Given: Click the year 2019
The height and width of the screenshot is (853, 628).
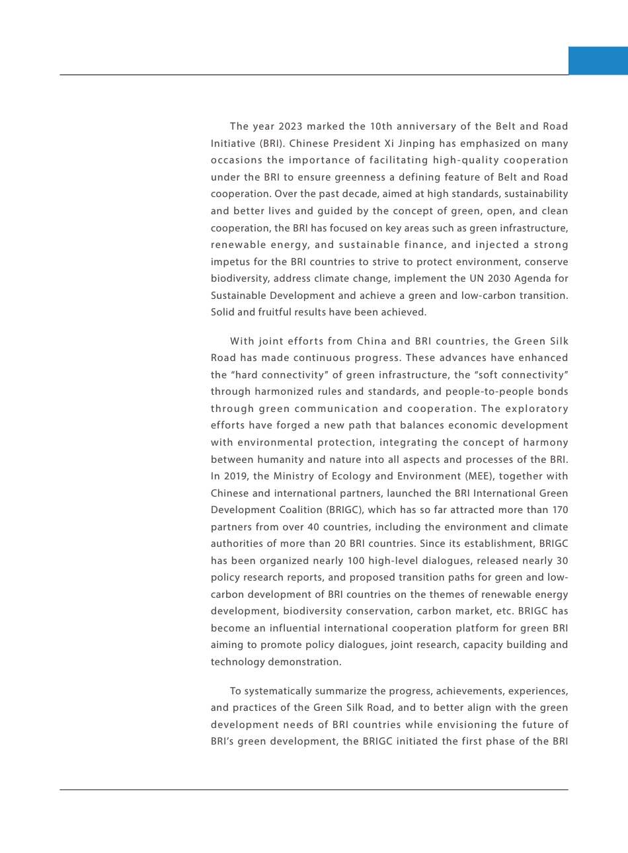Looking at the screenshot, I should click(x=236, y=476).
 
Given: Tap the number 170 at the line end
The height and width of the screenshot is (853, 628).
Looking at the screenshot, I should click(x=559, y=510).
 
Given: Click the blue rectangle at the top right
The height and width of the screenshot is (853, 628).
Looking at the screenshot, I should click(x=598, y=61).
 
